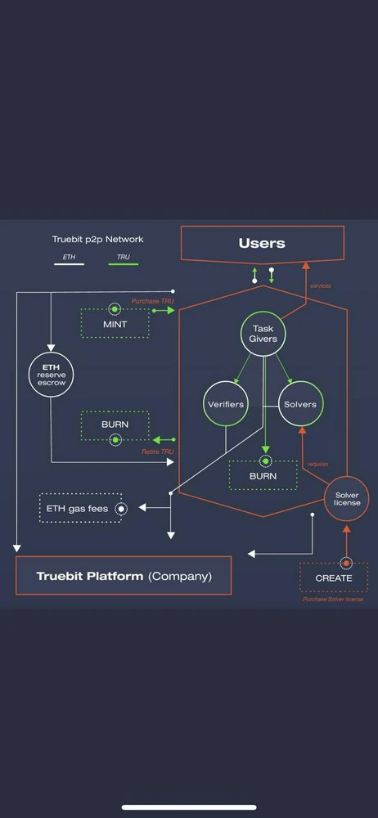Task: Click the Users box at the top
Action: tap(262, 244)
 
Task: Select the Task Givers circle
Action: tap(263, 334)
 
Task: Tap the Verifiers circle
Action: tap(225, 404)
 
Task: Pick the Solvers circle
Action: tap(299, 404)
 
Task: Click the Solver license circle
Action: tap(346, 498)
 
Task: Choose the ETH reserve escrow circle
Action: tap(51, 374)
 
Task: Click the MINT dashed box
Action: tap(115, 324)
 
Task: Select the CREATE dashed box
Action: tap(334, 578)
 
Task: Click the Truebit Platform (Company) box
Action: tap(124, 576)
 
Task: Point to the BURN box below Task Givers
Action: tap(263, 475)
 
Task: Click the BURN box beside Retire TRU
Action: tap(115, 425)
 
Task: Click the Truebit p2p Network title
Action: tap(98, 240)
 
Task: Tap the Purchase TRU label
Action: tap(153, 301)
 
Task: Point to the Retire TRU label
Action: tap(158, 452)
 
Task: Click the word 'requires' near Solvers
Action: tap(317, 464)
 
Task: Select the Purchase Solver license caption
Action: tap(333, 599)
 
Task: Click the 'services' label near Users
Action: tap(320, 285)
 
